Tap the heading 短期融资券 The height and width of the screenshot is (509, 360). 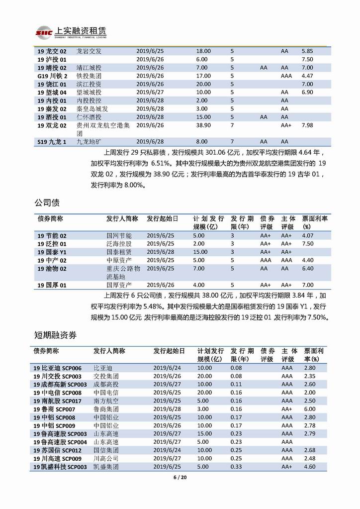tap(55, 335)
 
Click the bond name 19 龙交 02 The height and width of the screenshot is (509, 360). tap(52, 51)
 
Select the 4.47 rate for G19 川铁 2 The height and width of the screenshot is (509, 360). tap(307, 76)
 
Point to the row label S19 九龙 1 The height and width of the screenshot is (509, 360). tap(52, 142)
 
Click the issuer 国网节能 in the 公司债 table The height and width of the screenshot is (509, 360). tap(119, 235)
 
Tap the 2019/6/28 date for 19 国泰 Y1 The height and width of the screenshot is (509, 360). tap(160, 252)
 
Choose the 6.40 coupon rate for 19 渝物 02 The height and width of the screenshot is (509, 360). tap(308, 268)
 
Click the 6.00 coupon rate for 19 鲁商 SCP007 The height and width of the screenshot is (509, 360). tap(310, 409)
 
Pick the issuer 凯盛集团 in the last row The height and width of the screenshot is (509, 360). tap(106, 467)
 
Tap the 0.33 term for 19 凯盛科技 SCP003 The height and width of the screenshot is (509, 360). tap(236, 467)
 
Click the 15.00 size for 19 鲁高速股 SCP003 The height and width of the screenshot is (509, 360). tap(204, 433)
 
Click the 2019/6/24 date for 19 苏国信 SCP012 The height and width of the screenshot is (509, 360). tap(167, 450)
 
